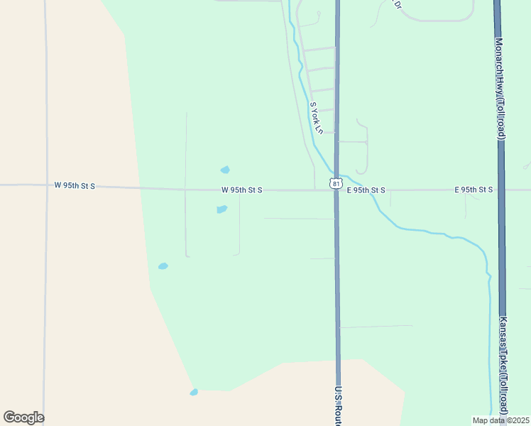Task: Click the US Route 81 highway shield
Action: pos(335,183)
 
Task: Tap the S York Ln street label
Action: pos(316,118)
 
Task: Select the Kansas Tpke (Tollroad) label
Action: pos(503,366)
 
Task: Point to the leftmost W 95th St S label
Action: pos(75,185)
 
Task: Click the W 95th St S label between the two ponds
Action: pos(241,190)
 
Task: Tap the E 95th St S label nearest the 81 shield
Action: pos(366,190)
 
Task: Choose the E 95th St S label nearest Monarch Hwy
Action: pos(473,190)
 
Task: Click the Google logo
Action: pos(23,417)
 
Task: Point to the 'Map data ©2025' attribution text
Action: pos(500,420)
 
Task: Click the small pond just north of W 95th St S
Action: pos(225,170)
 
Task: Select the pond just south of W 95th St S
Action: pos(221,209)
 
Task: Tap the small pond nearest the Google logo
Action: pos(193,392)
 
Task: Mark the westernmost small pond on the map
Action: pos(163,266)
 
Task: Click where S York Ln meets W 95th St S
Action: pos(315,190)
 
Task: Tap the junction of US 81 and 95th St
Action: pos(336,190)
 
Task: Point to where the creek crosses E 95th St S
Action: pos(373,190)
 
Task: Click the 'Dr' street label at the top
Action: pos(398,4)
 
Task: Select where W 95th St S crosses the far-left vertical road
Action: pos(46,185)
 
